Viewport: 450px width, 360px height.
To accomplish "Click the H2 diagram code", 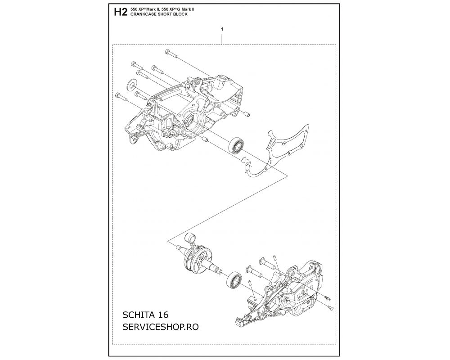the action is click(120, 12).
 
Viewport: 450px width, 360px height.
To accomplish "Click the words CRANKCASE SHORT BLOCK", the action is click(159, 14).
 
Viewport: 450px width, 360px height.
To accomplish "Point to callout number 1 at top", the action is click(222, 29).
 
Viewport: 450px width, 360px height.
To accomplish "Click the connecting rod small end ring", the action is click(190, 238).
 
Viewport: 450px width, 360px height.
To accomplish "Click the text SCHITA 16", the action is click(145, 315).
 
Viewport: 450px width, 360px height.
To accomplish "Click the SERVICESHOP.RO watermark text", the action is click(161, 327).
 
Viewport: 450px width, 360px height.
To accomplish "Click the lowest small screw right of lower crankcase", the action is click(330, 308).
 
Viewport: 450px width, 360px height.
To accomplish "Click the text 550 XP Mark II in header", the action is click(144, 9).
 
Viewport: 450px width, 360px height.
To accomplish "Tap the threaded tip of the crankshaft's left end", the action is click(178, 247).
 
